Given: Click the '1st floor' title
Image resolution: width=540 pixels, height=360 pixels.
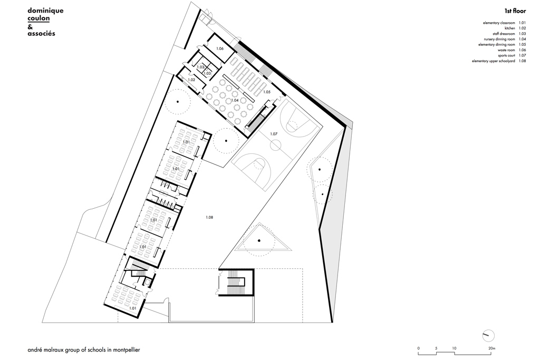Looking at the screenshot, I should point(515,11).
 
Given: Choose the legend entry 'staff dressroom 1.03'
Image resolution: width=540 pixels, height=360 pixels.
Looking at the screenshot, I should point(506,34).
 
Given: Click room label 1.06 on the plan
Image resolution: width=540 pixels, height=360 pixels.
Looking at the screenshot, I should point(220,48).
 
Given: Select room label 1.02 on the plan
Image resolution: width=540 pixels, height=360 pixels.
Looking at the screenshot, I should point(191,80).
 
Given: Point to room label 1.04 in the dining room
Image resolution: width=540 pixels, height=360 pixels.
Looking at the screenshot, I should point(234,100).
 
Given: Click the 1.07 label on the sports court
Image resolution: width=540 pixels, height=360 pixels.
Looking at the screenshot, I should point(274,134).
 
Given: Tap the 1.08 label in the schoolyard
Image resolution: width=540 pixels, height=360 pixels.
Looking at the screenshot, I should point(210,217).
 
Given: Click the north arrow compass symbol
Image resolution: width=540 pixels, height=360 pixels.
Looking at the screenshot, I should point(488,335).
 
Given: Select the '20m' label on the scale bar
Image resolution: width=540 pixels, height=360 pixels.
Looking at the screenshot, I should point(491,348).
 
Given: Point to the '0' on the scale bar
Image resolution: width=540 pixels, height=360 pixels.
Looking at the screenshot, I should point(418,348).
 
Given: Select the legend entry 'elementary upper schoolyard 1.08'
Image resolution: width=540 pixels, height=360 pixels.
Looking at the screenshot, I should point(499,61).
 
